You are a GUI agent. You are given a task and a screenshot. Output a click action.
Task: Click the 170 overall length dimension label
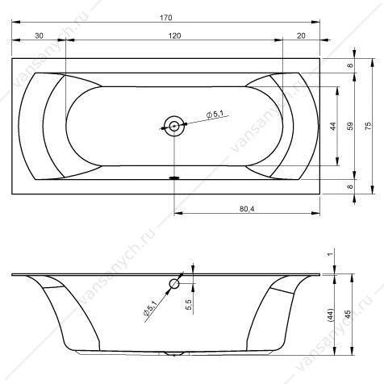pyautogui.click(x=166, y=18)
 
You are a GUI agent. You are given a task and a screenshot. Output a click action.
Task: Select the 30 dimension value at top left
pyautogui.click(x=39, y=35)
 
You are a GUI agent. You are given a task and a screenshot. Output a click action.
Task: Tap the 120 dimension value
pyautogui.click(x=174, y=35)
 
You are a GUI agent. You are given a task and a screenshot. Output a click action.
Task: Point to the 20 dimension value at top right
pyautogui.click(x=301, y=35)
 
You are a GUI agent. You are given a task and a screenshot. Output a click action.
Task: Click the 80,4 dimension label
pyautogui.click(x=247, y=209)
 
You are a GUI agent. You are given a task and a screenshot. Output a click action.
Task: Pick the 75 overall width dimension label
pyautogui.click(x=368, y=126)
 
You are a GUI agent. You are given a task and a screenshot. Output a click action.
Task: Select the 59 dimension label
pyautogui.click(x=350, y=126)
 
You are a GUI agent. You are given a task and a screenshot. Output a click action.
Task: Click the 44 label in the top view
pyautogui.click(x=333, y=126)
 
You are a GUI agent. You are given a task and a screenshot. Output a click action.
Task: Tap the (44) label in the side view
pyautogui.click(x=330, y=315)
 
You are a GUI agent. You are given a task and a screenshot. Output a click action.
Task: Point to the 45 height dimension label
pyautogui.click(x=348, y=315)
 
